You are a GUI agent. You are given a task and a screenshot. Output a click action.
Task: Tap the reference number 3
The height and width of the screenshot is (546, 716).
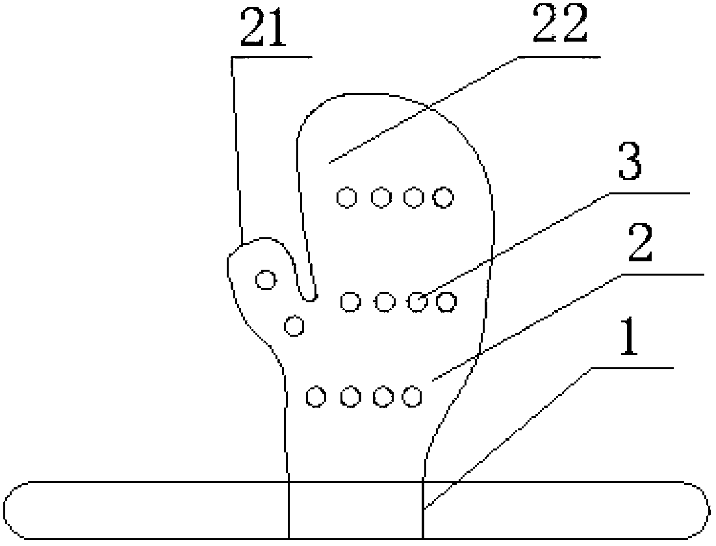point(629,164)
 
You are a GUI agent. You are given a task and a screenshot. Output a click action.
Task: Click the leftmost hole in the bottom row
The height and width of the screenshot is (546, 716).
point(316,396)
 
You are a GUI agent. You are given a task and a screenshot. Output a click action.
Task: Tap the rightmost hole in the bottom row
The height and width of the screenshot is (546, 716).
point(412,395)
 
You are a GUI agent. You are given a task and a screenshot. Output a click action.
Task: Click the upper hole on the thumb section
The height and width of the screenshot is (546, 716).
point(265,279)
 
